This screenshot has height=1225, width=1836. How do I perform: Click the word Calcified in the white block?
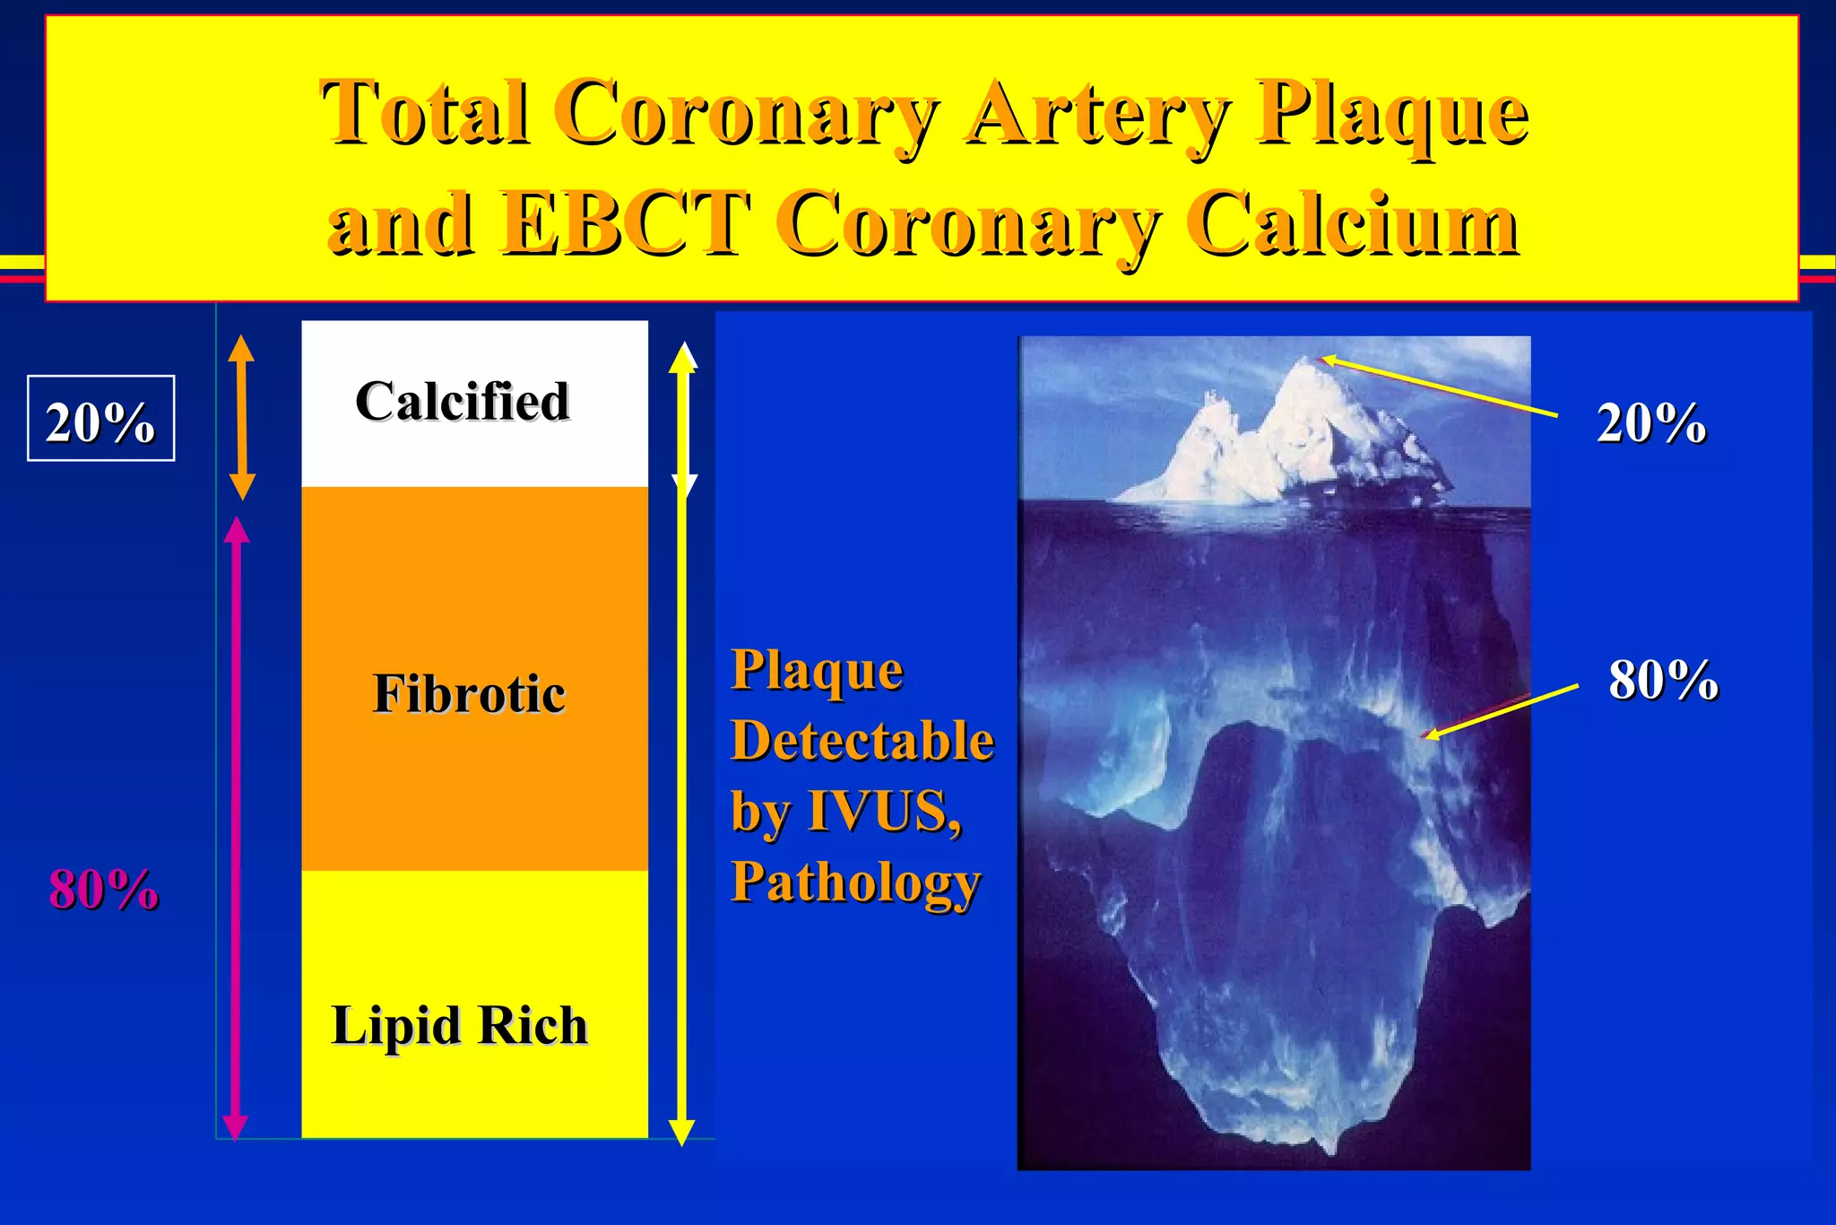(463, 401)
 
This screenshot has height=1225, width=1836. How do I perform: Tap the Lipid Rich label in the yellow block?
(459, 1025)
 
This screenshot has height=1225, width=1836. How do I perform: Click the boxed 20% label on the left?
(100, 419)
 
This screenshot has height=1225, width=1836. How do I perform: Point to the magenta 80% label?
(104, 890)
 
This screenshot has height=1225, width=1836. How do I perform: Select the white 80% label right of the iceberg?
(1663, 680)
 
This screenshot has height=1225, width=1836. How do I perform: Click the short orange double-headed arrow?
(241, 417)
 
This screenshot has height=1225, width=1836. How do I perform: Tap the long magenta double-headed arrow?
(236, 830)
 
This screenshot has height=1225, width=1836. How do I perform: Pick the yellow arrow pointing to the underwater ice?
(1502, 712)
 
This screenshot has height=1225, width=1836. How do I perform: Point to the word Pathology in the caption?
(855, 882)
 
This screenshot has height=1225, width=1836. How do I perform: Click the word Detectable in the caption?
(862, 741)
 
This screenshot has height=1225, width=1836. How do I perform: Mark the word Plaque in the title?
(1390, 114)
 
